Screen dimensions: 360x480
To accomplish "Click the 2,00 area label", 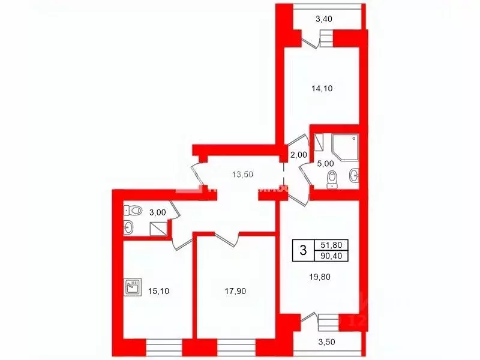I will tap(298, 155).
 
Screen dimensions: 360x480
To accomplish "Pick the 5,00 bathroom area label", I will tap(324, 163).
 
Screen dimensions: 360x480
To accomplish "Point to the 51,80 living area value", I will tap(332, 245).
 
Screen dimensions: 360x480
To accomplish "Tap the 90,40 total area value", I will tap(332, 256).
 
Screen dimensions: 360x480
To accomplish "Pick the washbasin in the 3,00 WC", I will tap(128, 227).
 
